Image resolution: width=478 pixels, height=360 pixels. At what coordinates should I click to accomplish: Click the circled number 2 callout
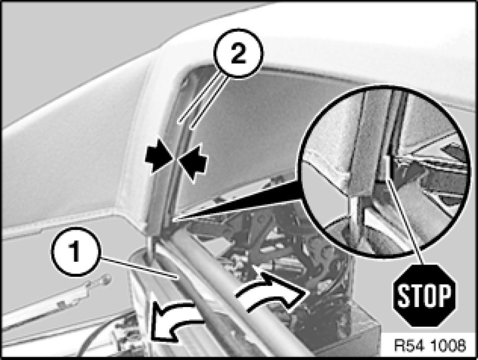tap(238, 54)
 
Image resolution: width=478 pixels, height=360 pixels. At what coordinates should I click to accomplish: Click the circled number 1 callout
tap(75, 252)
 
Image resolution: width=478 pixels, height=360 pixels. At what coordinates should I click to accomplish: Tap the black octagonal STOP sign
tap(424, 296)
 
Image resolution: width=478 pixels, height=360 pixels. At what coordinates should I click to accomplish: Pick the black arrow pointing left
tap(193, 163)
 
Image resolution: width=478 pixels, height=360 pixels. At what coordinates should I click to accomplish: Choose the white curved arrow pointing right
tap(272, 293)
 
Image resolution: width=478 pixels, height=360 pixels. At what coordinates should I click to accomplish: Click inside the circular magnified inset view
tap(385, 170)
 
